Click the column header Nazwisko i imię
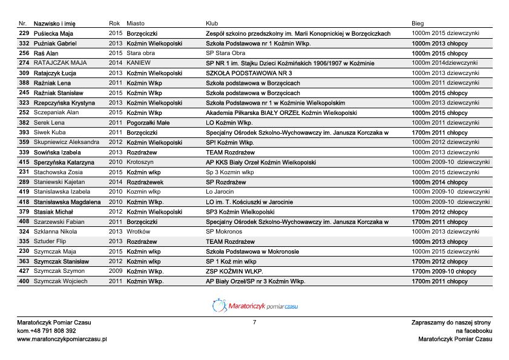pyautogui.click(x=54, y=23)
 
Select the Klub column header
pyautogui.click(x=212, y=23)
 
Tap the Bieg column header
pyautogui.click(x=418, y=23)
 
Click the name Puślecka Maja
pyautogui.click(x=53, y=33)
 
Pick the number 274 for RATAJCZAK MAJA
pyautogui.click(x=24, y=63)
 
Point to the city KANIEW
pyautogui.click(x=139, y=63)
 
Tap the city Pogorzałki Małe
pyautogui.click(x=148, y=123)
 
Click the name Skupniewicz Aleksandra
pyautogui.click(x=67, y=142)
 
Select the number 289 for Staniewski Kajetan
pyautogui.click(x=24, y=182)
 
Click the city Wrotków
pyautogui.click(x=138, y=232)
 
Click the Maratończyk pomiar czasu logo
pyautogui.click(x=255, y=306)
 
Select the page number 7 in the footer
pyautogui.click(x=255, y=322)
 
